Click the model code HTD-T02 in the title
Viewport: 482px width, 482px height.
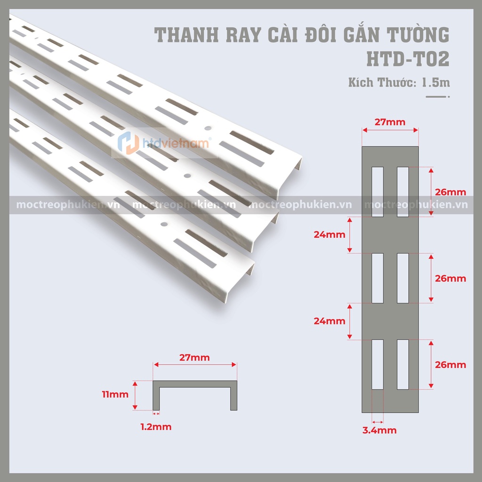(408, 59)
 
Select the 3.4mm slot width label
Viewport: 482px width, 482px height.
(379, 430)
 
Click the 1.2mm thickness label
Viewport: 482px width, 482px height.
(156, 426)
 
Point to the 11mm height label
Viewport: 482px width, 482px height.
(115, 394)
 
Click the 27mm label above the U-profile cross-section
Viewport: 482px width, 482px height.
(194, 358)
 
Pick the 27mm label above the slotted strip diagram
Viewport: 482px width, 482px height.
(390, 122)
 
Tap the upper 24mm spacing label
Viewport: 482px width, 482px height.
(329, 234)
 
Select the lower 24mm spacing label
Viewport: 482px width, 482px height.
(329, 321)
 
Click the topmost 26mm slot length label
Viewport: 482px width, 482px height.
(450, 192)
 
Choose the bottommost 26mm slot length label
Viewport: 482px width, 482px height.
(450, 365)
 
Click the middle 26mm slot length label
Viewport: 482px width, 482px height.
(450, 279)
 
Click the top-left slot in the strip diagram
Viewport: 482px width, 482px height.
(378, 192)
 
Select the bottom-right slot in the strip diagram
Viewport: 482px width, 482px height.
(403, 365)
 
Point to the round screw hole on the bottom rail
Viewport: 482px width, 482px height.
(164, 224)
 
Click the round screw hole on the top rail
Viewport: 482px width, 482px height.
(208, 128)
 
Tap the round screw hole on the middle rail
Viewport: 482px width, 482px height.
(187, 176)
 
